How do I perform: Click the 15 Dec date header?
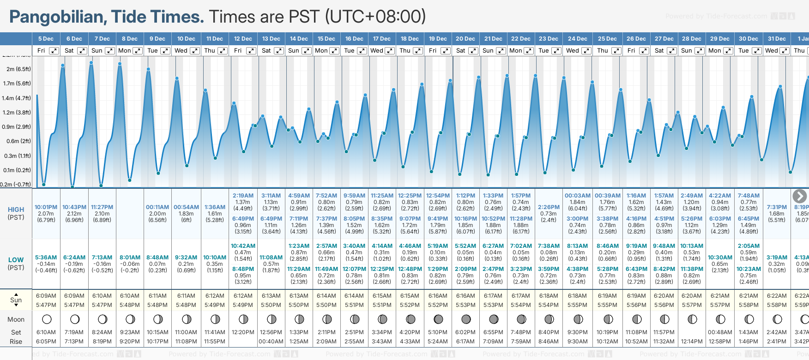tap(326, 39)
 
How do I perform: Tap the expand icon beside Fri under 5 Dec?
tap(54, 51)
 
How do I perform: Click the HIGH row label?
tap(16, 210)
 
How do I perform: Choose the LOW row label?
tap(16, 260)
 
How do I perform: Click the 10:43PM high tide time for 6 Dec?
tap(74, 207)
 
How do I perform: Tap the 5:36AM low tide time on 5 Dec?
tap(46, 258)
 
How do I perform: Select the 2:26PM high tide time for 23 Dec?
tap(549, 207)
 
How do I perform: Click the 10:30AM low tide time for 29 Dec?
tap(720, 258)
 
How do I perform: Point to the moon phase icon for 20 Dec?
tap(466, 319)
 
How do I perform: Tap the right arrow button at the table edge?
tap(799, 196)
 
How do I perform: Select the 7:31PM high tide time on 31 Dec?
tap(777, 207)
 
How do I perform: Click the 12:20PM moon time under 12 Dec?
tap(243, 332)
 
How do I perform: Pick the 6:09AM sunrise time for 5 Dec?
tap(46, 296)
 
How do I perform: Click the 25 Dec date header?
tap(607, 39)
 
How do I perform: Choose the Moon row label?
tap(16, 319)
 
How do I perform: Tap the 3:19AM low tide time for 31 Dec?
tap(777, 258)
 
